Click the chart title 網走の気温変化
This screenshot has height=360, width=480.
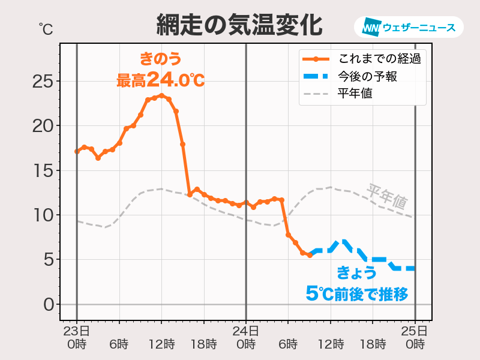239,25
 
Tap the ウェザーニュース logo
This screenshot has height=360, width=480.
409,28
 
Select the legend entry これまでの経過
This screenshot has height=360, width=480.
378,59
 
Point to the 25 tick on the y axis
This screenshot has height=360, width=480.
43,81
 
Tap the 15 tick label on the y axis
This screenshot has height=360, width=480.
43,170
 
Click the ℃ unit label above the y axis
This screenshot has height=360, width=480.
46,28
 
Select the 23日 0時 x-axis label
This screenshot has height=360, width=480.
77,337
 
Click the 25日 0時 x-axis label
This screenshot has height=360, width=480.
415,337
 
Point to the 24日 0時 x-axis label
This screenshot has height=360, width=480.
246,337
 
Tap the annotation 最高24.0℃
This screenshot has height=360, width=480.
160,79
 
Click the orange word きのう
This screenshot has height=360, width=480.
160,59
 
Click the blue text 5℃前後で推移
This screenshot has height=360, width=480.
357,293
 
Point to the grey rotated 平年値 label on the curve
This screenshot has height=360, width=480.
387,196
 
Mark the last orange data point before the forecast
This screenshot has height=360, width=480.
310,255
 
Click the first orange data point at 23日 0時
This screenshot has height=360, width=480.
77,151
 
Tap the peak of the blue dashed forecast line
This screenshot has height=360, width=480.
343,242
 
